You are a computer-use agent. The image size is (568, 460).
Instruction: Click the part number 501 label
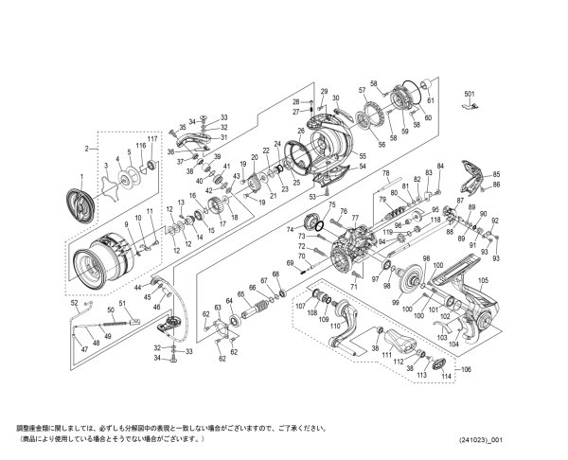coord(469,96)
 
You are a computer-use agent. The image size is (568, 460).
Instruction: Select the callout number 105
coord(482,280)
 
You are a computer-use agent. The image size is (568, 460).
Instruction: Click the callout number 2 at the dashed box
coord(85,149)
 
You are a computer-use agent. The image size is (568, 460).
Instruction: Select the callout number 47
coord(82,351)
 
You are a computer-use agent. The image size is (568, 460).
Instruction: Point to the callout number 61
coord(430,100)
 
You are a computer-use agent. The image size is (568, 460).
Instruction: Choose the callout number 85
coord(495,174)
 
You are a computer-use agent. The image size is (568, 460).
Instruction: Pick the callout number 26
coord(301,132)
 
